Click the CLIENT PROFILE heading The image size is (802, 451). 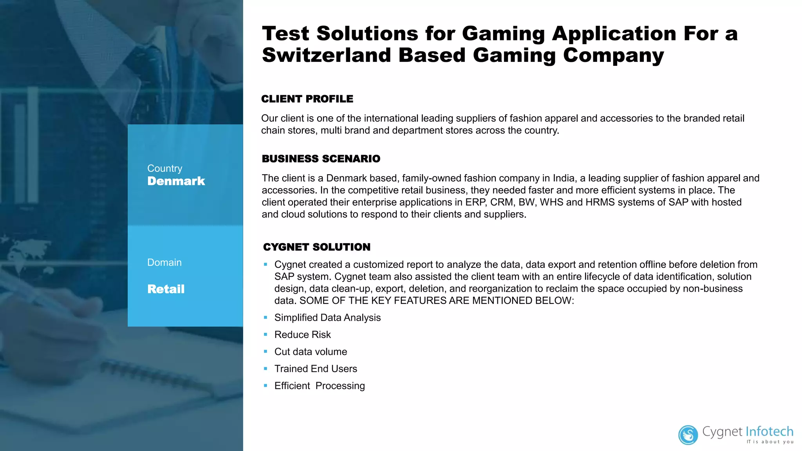click(307, 99)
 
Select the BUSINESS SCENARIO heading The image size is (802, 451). click(321, 159)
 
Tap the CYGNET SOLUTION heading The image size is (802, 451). click(316, 247)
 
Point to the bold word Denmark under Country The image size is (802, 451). click(176, 181)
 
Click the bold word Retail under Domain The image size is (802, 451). click(166, 289)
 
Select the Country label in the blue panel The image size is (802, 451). click(164, 168)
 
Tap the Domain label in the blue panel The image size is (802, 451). click(164, 262)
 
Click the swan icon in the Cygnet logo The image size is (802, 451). click(688, 435)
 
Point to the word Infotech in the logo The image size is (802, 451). click(769, 431)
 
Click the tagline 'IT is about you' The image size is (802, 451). click(770, 442)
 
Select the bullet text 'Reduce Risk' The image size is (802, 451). click(302, 335)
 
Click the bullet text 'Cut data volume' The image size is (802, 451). click(311, 352)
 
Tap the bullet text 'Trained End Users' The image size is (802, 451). click(316, 369)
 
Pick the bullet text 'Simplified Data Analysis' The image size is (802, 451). click(327, 318)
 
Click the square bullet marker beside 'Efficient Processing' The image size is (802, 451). click(266, 386)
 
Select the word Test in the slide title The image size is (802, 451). click(285, 34)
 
